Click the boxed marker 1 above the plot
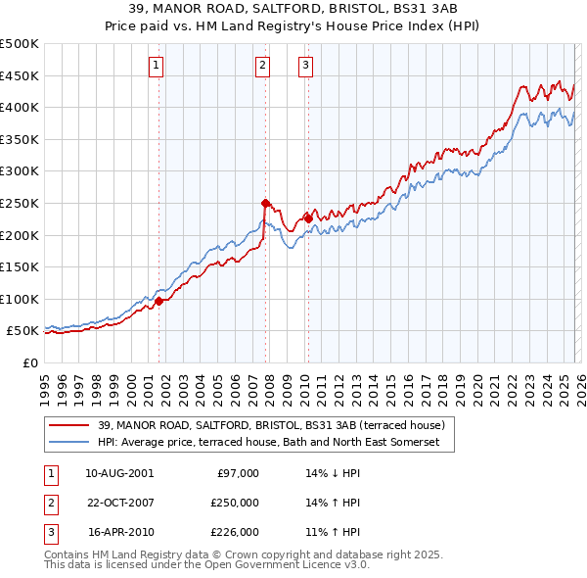(157, 66)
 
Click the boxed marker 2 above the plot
(263, 66)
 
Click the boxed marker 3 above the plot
(305, 66)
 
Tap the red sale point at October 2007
(265, 203)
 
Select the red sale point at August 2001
(158, 301)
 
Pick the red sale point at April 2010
(308, 218)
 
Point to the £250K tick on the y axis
(20, 203)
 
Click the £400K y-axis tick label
(20, 107)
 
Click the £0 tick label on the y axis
(31, 362)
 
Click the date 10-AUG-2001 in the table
(119, 473)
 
